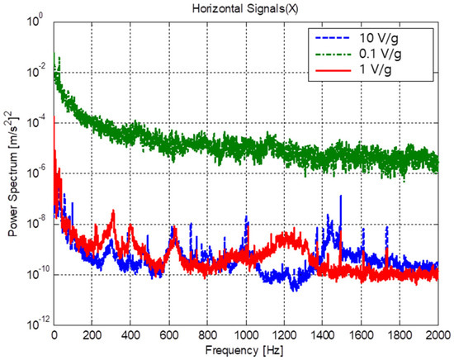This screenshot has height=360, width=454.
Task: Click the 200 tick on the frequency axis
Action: click(92, 335)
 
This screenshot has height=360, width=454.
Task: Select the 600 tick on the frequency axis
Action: click(168, 335)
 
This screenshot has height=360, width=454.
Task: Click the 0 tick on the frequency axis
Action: click(54, 335)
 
